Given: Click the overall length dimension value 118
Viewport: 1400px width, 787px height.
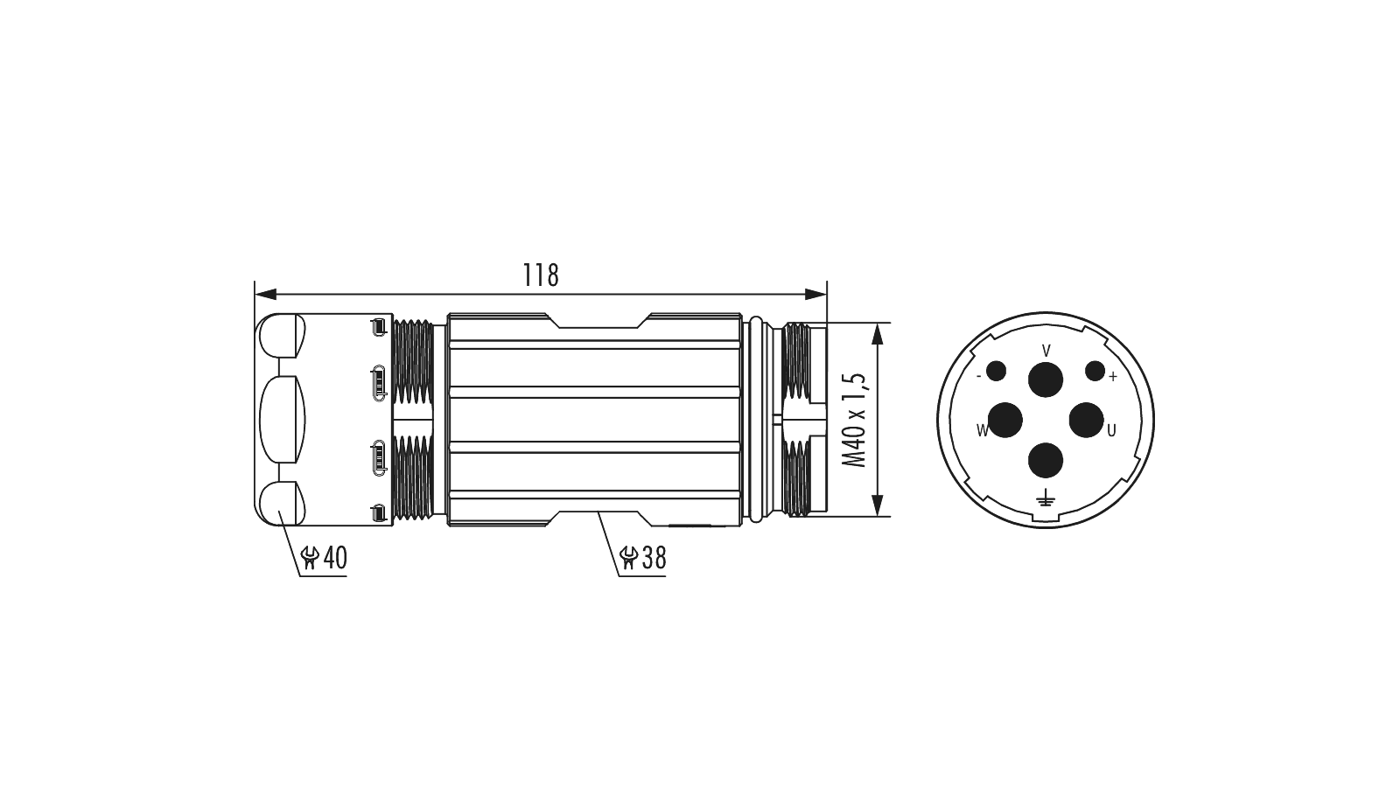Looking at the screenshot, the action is coord(541,275).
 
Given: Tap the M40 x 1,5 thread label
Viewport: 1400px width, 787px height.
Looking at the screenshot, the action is coord(854,420).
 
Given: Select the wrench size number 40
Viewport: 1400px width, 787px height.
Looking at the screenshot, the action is coord(334,558).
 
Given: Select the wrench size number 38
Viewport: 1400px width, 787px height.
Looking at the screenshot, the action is coord(654,558).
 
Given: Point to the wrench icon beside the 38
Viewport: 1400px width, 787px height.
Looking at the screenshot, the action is coord(628,558).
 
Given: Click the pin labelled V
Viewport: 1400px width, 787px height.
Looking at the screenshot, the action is coord(1046,380).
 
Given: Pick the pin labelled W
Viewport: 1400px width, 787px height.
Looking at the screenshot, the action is coord(1005,420).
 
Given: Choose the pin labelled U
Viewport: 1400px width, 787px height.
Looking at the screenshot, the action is coord(1087,420).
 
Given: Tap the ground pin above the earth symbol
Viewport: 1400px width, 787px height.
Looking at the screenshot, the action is coord(1046,460).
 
